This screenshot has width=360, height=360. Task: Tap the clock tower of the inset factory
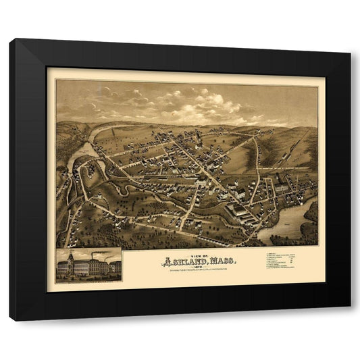pos(70,257)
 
